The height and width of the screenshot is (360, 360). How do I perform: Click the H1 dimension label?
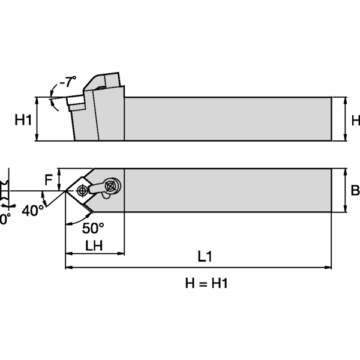pos(22,120)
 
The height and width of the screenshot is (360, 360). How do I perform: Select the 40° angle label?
pos(33,210)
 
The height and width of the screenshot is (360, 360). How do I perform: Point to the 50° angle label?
pos(92,228)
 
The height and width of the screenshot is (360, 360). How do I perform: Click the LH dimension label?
pos(94,245)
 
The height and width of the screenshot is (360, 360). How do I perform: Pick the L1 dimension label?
pos(205,256)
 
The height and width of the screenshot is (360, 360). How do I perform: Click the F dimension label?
pos(49,179)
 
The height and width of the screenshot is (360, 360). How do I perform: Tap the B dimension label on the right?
pos(355,191)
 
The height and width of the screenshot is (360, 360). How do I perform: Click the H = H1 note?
pos(206,284)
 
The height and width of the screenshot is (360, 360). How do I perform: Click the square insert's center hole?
pos(81,191)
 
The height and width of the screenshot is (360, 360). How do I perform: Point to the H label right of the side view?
pos(355,120)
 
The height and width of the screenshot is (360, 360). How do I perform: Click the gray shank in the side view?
pos(228,119)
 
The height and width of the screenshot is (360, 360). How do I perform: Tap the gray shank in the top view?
pos(228,190)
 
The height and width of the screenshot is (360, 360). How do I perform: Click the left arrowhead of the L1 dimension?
pos(68,266)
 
